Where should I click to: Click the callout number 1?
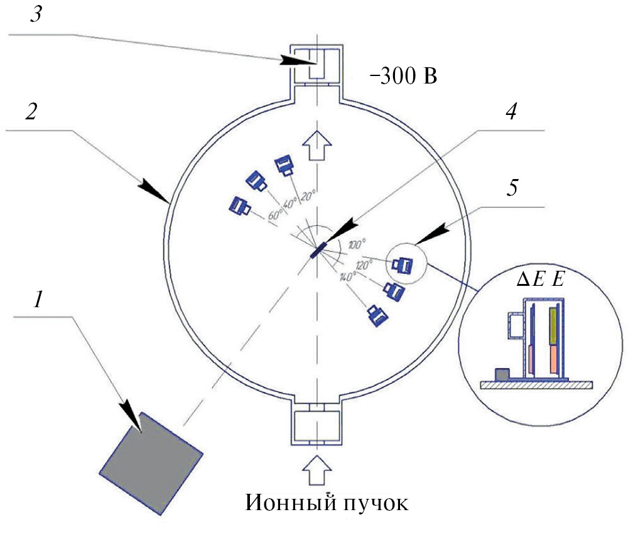coord(39,302)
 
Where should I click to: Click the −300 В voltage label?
coord(403,78)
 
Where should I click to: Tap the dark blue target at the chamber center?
coord(318,250)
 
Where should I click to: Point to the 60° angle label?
coord(274,214)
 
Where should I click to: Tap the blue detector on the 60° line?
coord(239,205)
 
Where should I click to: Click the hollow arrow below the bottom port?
coord(317,472)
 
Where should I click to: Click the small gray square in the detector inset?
coord(503,374)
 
